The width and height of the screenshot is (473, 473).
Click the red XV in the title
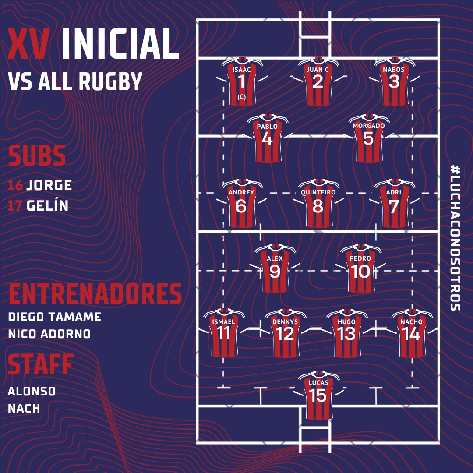28,43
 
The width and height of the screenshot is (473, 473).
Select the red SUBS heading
36,155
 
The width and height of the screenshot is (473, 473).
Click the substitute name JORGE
49,185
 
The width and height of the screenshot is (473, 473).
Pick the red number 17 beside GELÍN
15,206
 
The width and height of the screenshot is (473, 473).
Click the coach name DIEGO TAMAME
55,317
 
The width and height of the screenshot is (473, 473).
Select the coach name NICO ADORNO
49,334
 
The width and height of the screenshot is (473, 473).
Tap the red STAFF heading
40,364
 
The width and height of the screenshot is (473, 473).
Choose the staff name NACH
24,408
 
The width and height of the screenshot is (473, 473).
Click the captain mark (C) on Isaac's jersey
242,97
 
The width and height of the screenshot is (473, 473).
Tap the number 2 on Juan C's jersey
318,81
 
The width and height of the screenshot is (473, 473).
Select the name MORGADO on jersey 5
369,126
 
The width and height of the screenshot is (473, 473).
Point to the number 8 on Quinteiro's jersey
318,206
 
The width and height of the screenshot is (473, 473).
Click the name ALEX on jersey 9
275,258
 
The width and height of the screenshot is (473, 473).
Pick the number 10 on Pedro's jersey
360,272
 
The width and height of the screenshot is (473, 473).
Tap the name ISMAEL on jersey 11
223,322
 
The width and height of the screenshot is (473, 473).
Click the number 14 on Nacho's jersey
411,334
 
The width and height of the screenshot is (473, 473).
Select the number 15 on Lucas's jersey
318,395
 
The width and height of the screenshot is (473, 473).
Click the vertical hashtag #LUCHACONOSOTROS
455,238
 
